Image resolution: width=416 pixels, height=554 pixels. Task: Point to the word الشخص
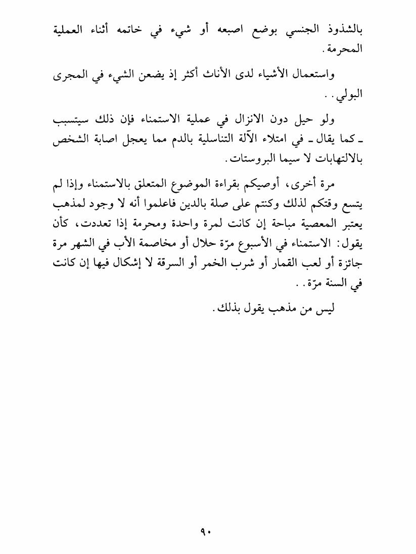(71, 142)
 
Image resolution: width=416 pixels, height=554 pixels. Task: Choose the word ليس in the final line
(319, 309)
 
